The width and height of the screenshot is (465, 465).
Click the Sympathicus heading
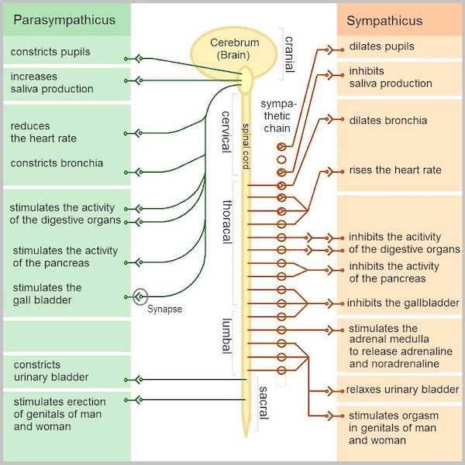pos(384,20)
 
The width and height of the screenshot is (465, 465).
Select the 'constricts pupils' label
pos(50,52)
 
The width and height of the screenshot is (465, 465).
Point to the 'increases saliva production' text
pos(51,83)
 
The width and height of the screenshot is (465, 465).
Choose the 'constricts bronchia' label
pos(57,163)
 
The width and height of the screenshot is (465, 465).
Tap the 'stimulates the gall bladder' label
pos(46,294)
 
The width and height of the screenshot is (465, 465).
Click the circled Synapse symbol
pos(139,296)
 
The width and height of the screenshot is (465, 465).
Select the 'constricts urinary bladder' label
pos(49,371)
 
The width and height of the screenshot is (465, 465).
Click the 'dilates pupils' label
pos(381,46)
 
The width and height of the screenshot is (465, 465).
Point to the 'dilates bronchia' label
pos(387,121)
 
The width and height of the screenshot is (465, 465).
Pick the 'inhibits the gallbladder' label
pos(403,303)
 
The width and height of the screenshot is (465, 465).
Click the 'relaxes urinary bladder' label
pos(402,388)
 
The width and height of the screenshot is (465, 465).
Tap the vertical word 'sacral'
pos(263,402)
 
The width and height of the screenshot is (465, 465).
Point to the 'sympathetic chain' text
pos(276,115)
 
